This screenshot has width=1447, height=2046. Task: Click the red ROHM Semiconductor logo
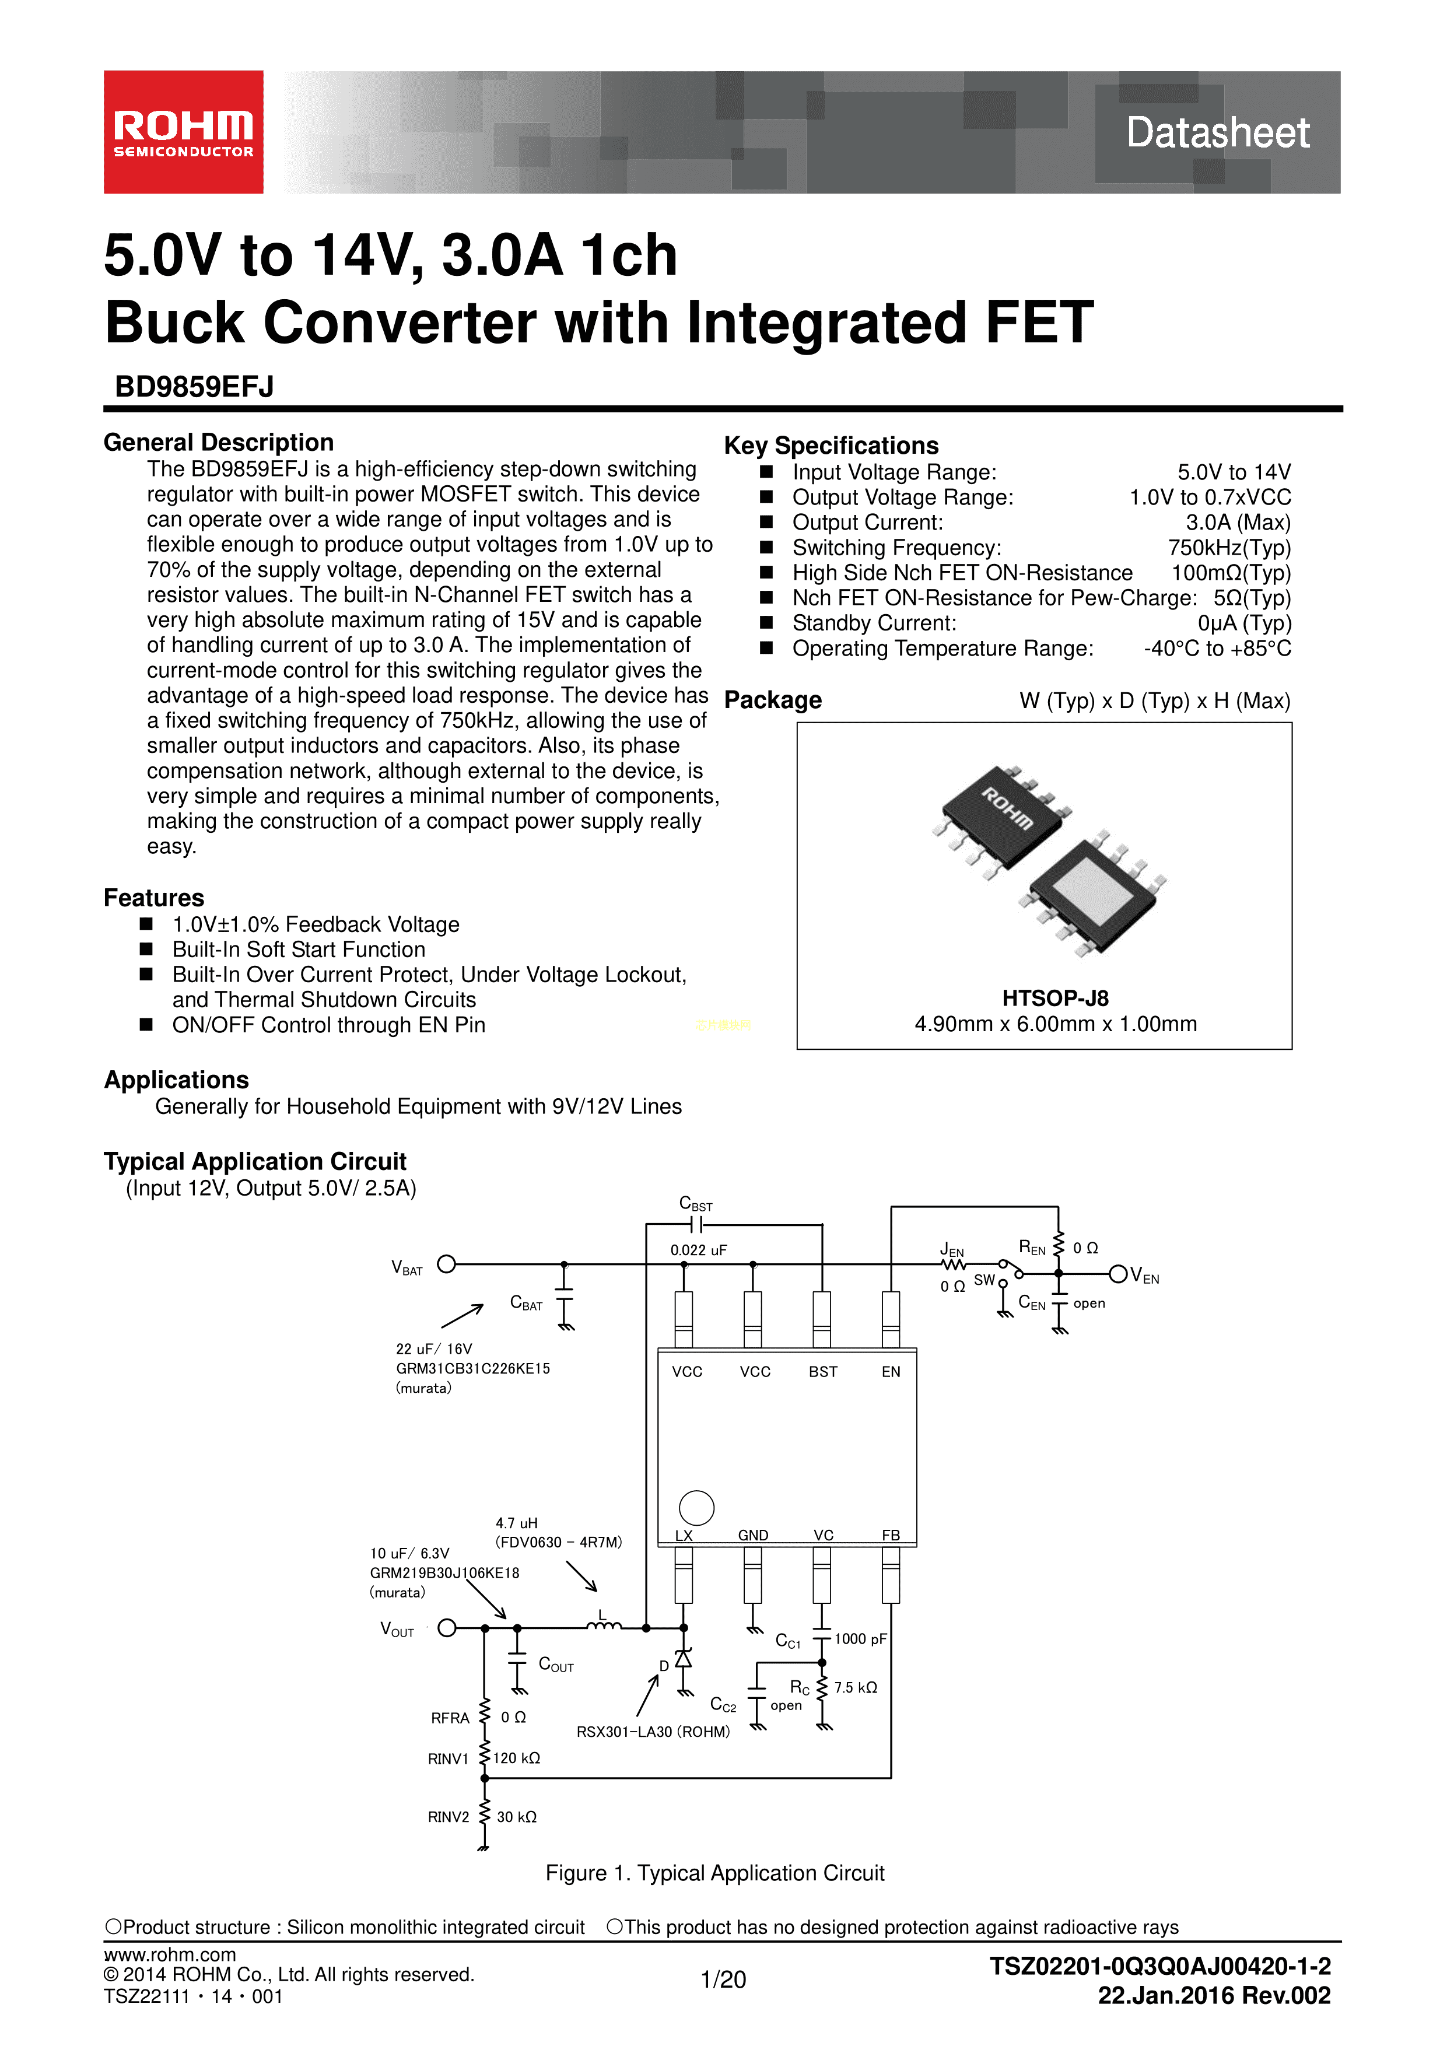click(184, 132)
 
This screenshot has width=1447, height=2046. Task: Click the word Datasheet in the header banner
click(1217, 133)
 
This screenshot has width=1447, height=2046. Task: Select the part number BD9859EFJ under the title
click(194, 387)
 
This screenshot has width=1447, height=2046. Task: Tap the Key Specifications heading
click(831, 446)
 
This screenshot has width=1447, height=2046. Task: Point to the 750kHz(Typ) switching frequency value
click(1229, 548)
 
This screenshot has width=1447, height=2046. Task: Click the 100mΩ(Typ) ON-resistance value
click(1231, 573)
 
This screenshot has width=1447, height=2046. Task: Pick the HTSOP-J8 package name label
click(1055, 998)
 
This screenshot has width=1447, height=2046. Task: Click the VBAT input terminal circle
click(446, 1264)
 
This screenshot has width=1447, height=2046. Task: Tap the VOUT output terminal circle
click(447, 1627)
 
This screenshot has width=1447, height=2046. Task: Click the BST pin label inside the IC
click(822, 1371)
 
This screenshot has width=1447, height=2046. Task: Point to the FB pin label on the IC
click(890, 1534)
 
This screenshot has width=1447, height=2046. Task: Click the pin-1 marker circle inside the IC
click(696, 1508)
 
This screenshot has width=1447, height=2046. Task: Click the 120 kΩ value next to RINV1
click(517, 1758)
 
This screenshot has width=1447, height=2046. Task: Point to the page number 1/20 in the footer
click(723, 1979)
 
